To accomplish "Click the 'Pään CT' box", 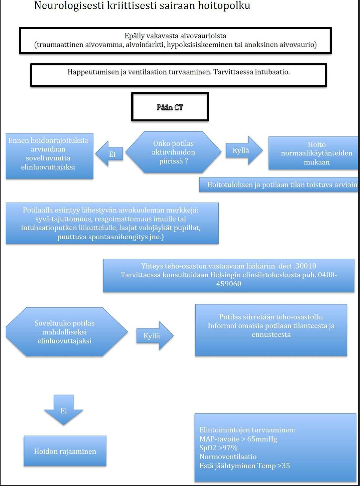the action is pos(170,107).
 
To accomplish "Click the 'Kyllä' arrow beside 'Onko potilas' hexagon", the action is pos(244,150).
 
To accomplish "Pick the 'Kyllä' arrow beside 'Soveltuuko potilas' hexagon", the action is pos(155,336).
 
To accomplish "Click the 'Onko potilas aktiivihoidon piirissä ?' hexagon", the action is pos(173,152).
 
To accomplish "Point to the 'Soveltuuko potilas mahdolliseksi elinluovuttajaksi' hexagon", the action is pos(66,332).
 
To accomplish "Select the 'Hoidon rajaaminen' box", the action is pos(65,451).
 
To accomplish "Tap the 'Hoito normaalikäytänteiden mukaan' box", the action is pos(313,153).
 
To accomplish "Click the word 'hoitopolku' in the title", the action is pos(224,6).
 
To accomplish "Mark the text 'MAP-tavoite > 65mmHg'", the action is pos(238,439).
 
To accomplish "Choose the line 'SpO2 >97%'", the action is pos(218,448).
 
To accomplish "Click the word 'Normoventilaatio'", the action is pos(228,457).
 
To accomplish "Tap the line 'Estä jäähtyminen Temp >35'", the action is pos(244,466).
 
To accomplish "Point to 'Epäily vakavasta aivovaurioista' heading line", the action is pos(175,36).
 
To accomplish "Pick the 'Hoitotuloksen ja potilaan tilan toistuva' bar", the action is pos(279,185).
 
